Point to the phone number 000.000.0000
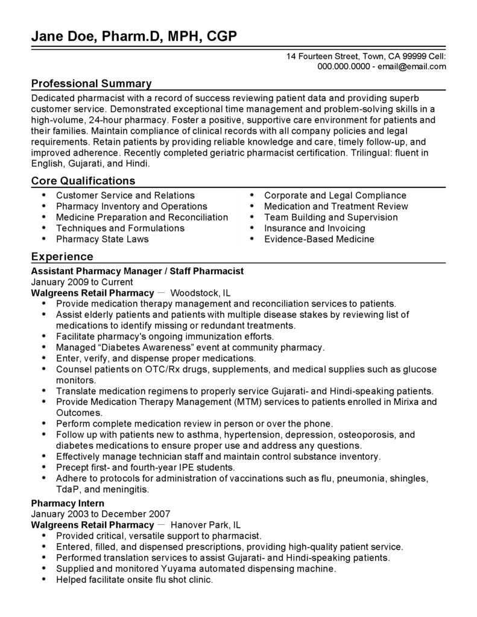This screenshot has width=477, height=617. coord(343,66)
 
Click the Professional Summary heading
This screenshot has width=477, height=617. coord(91,83)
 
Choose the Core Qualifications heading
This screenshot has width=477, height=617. coord(83,181)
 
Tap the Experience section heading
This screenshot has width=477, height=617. coord(62,257)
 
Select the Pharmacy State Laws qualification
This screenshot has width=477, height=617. coord(102,239)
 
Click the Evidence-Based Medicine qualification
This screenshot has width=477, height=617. coord(319,239)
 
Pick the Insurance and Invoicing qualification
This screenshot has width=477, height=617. coord(314,228)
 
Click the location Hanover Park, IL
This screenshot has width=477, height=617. coord(206,525)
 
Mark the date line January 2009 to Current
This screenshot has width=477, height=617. coord(81,282)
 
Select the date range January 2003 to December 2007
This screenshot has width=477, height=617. coord(101,514)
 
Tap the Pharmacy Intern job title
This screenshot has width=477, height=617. coord(68,503)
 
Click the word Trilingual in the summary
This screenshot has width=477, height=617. coord(373,152)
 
